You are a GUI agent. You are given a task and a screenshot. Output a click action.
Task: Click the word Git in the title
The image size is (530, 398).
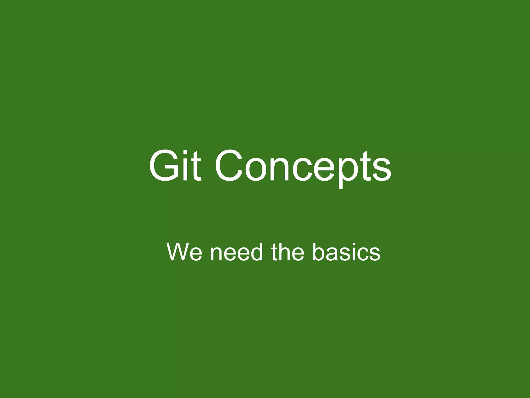coord(175,166)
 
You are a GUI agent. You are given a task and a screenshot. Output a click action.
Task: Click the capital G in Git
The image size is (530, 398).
coord(164,166)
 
